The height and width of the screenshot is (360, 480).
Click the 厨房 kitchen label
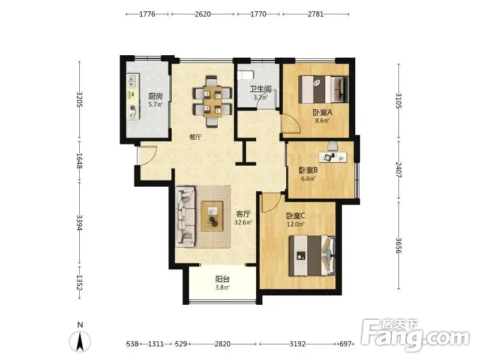coord(155,97)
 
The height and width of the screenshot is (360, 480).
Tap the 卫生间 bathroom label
coord(260,89)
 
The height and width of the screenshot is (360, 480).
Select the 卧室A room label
coord(322,113)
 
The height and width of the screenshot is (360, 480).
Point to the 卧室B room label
coord(308,170)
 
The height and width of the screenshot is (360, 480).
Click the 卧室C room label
coord(296,216)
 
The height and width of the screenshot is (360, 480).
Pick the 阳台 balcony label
coord(223,280)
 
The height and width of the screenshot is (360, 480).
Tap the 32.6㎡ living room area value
coord(243,223)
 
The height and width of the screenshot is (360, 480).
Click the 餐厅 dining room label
coord(196,137)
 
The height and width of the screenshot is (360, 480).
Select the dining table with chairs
coord(212,101)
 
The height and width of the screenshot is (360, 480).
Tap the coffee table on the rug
coord(212,216)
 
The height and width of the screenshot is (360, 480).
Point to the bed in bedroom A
coord(323,89)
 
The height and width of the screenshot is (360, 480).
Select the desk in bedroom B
coord(333,157)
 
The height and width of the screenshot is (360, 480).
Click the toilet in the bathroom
coord(246,74)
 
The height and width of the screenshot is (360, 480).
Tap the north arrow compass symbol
coord(80,341)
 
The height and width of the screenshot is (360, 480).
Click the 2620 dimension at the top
coord(203,14)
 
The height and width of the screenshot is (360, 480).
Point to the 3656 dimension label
coord(398,245)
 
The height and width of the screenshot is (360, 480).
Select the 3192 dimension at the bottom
coord(298,344)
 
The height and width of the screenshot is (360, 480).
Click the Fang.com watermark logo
coord(415,335)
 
